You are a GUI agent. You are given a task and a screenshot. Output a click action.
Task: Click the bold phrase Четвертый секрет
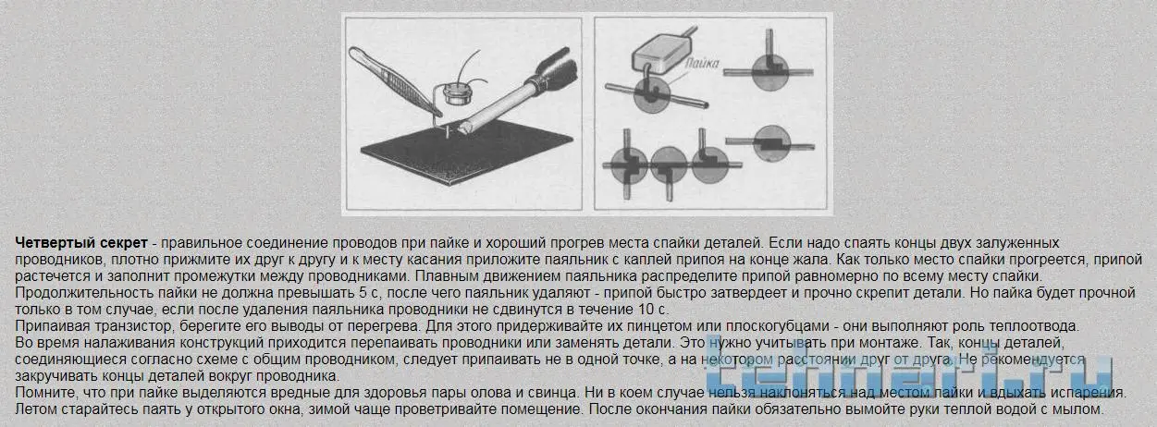(x=81, y=243)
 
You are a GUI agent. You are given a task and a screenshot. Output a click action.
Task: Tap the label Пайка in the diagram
(x=702, y=64)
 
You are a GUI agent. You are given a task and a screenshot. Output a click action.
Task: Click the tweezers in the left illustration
(x=394, y=81)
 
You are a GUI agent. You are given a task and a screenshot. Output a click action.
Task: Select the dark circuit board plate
(x=466, y=152)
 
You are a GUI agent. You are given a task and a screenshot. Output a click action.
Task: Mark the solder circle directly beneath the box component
(x=652, y=95)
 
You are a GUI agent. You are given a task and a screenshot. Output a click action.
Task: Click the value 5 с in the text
(x=370, y=293)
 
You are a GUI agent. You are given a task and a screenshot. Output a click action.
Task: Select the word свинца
(x=551, y=393)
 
